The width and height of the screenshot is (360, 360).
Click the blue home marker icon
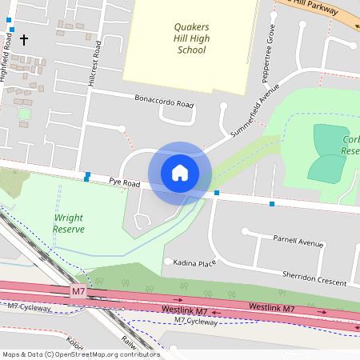coord(180,173)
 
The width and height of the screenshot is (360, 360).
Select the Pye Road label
coord(125,183)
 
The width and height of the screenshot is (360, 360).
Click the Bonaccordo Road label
coord(164,104)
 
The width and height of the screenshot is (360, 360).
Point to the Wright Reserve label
coord(69,223)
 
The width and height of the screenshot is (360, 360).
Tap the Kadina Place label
coord(196,262)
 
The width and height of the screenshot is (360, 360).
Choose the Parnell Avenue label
coord(297,241)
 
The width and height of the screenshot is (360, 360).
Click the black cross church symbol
coord(23,39)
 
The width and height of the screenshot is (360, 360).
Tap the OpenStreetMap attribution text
coord(81,354)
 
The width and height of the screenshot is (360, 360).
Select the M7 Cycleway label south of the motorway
coord(195,322)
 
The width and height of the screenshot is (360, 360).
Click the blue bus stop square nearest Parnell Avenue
coord(272,205)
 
